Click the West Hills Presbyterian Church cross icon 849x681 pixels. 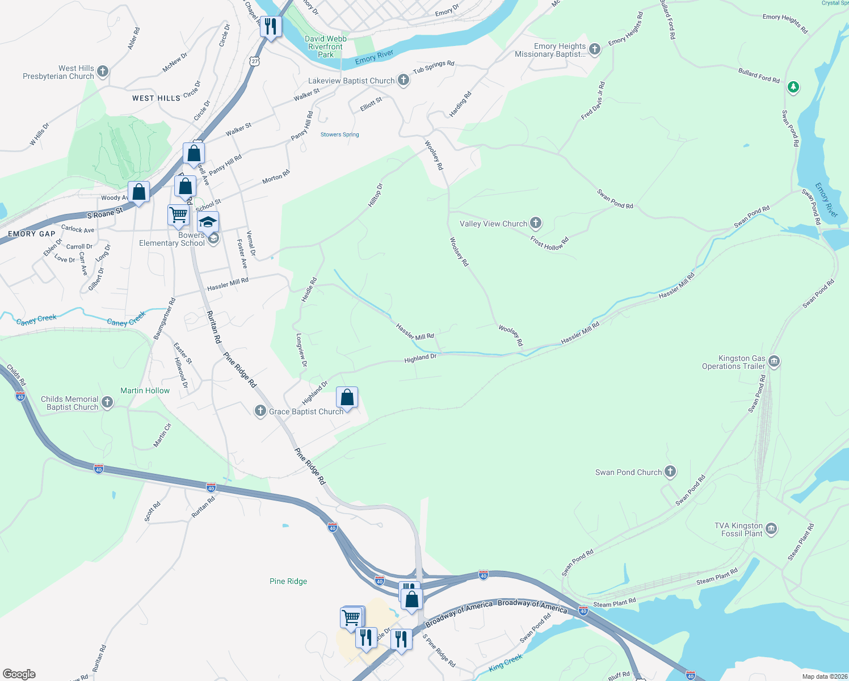coord(103,72)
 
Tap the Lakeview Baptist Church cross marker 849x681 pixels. coord(403,80)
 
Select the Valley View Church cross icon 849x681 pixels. coord(536,223)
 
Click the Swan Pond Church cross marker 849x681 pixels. coord(670,472)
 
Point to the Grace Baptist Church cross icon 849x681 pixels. coord(260,411)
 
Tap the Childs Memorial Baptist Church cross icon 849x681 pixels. coord(107,403)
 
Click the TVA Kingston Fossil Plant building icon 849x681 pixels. coord(771,529)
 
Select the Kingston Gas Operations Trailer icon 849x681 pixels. coord(774,361)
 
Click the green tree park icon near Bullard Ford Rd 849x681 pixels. coord(793,87)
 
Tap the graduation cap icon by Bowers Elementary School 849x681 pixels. coord(208,221)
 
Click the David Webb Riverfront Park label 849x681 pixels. coord(326,47)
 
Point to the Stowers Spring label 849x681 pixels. coord(339,134)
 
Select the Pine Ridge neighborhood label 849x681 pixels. coord(288,581)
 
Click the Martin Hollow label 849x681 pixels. coord(145,390)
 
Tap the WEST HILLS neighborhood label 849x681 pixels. coord(156,98)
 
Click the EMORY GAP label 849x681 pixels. coord(32,234)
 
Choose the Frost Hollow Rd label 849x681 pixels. coord(549,243)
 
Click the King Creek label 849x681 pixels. coord(505,662)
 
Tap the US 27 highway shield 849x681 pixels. coord(255,61)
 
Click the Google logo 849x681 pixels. coord(19,674)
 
